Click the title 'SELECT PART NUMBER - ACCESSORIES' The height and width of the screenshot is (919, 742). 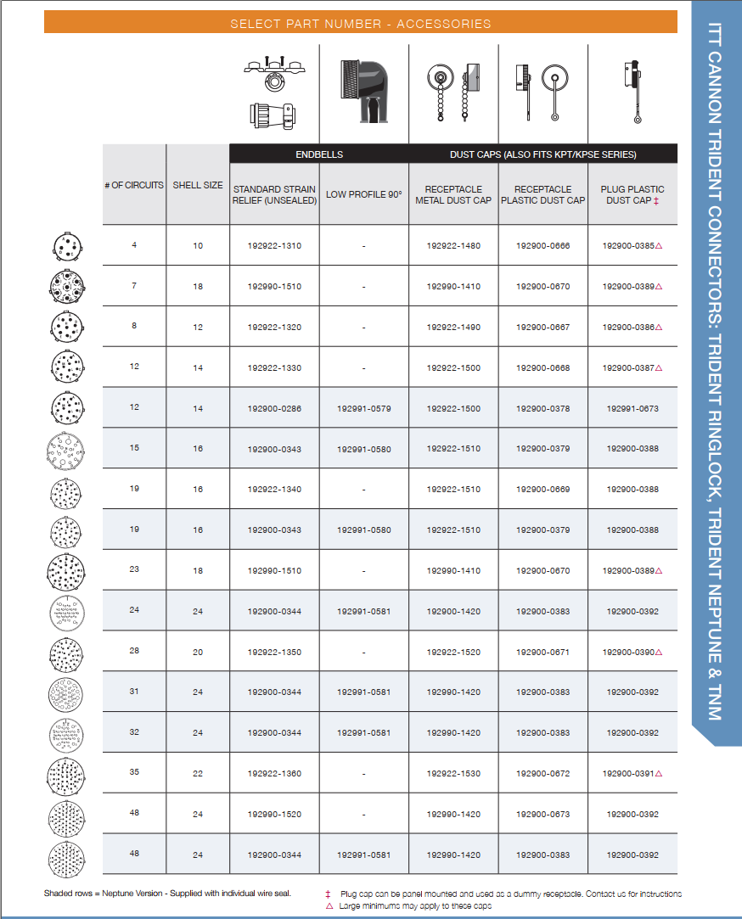[360, 23]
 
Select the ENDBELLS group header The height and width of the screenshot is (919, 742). [318, 154]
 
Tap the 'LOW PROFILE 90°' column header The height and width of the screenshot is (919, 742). [363, 194]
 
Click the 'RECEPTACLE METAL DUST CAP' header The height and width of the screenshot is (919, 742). [453, 194]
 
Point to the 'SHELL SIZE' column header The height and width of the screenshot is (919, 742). [198, 185]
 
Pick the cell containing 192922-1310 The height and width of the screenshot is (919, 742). [274, 246]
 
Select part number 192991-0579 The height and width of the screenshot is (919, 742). [363, 409]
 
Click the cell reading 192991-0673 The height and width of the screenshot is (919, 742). [632, 409]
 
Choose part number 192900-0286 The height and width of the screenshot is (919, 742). [274, 409]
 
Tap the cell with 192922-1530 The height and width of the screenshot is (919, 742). [453, 774]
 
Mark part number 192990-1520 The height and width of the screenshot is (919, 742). [274, 815]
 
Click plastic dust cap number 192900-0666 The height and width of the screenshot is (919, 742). [542, 246]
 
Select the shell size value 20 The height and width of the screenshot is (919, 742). [198, 653]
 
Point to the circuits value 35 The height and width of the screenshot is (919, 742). [134, 773]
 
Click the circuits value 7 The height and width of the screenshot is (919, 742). [134, 286]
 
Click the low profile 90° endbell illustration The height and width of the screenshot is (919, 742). [363, 92]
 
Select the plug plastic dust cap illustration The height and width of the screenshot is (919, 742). [632, 92]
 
